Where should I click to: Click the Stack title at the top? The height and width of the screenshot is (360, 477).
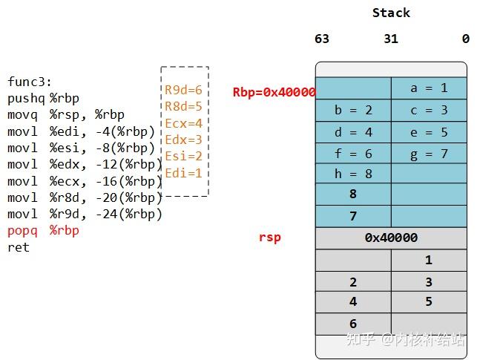[391, 13]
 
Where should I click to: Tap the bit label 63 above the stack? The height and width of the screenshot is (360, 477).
[322, 39]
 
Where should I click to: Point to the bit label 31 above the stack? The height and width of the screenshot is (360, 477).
[391, 39]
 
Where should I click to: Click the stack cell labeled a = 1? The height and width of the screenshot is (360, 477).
[429, 88]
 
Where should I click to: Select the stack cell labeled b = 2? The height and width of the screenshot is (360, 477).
[353, 110]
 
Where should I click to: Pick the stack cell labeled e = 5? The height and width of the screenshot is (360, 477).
[429, 132]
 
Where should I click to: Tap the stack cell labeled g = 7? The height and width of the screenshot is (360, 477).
[429, 154]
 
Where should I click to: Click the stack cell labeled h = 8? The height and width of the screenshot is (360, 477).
[353, 174]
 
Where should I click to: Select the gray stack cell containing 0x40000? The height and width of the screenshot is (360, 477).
[391, 238]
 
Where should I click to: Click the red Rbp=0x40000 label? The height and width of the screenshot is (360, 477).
[274, 92]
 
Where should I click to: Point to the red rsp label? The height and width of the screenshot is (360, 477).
[269, 238]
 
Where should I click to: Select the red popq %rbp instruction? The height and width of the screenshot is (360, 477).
[43, 231]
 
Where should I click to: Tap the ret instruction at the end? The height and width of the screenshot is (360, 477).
[19, 247]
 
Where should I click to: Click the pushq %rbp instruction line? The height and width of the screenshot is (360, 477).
[43, 98]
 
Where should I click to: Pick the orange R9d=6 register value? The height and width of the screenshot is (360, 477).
[183, 90]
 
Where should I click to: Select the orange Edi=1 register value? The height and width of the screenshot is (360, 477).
[183, 173]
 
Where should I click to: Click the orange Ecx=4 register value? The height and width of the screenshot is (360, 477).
[183, 123]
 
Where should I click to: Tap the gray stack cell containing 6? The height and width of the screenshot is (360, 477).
[353, 324]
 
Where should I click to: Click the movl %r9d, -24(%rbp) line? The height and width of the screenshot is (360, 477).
[85, 215]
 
